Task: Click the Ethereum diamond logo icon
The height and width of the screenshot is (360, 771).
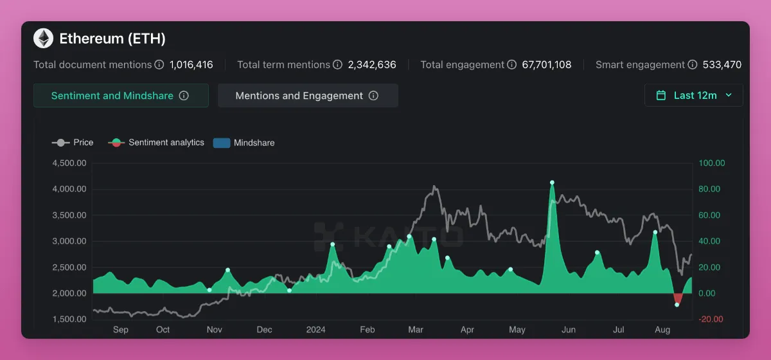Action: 44,39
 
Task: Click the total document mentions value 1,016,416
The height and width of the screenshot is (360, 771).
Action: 191,65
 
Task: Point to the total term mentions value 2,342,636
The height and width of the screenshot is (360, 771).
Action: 372,65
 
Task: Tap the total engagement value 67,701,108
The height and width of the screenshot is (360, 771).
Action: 547,65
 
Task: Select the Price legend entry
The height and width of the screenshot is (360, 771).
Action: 73,143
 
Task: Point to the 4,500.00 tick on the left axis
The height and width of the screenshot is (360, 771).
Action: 69,163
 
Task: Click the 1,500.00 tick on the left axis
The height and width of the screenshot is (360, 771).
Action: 69,319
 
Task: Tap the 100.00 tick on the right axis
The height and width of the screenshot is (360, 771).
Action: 712,163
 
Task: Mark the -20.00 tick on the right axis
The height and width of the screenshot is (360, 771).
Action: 711,319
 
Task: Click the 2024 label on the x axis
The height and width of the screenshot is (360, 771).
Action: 315,330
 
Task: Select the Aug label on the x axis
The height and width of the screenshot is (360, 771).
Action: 662,330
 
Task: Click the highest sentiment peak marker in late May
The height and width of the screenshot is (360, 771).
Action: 552,183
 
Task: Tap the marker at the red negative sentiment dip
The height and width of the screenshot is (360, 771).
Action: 677,305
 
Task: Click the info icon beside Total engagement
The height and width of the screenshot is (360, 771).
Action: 512,65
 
